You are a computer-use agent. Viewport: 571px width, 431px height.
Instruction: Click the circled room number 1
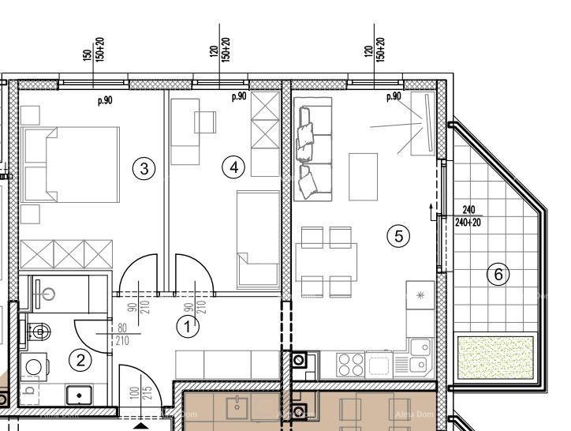(x=188, y=326)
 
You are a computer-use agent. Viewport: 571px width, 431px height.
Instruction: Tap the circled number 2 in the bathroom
(x=80, y=361)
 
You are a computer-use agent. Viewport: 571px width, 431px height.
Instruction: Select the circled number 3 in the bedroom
(x=143, y=168)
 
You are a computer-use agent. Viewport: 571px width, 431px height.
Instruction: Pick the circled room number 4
(x=233, y=167)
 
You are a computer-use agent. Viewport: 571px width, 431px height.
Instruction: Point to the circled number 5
(x=399, y=235)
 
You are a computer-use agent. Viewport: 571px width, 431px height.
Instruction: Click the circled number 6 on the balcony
(x=498, y=274)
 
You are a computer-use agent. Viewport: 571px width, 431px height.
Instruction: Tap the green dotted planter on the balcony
(x=495, y=357)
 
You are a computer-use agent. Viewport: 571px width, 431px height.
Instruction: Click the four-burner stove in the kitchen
(x=350, y=364)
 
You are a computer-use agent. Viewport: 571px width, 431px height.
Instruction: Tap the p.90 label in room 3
(x=104, y=100)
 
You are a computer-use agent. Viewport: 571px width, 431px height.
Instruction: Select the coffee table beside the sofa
(x=364, y=176)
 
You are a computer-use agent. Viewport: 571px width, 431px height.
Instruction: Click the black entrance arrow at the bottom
(x=139, y=425)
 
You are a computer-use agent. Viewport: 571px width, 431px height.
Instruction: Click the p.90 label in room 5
(x=394, y=96)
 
